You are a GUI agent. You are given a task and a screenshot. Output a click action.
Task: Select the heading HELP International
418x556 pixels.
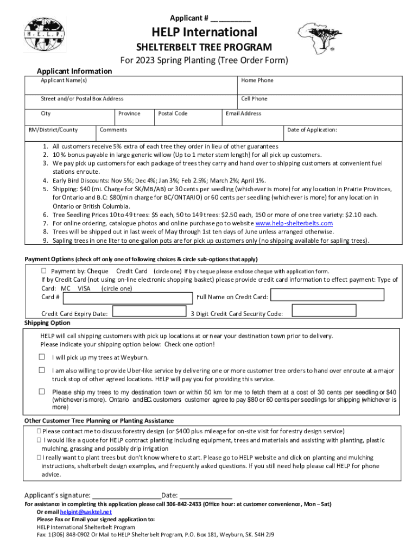[204, 32]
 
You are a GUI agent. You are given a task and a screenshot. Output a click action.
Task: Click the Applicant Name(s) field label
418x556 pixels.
[64, 80]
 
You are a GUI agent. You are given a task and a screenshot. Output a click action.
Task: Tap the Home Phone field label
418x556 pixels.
[257, 80]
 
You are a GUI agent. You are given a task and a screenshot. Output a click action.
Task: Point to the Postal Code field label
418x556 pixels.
[173, 113]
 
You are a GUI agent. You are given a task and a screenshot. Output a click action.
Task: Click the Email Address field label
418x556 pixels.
[243, 113]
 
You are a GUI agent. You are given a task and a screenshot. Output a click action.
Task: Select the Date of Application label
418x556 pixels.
[312, 130]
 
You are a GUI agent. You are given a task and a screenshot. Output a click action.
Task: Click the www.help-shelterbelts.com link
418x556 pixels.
[294, 223]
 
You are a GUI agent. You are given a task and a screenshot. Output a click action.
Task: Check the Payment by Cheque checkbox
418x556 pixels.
[45, 271]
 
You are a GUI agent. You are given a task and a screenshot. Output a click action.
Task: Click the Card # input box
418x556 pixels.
[128, 298]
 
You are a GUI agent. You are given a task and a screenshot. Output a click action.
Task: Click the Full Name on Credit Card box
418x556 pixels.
[327, 295]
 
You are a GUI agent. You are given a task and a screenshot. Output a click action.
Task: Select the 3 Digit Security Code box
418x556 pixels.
[324, 311]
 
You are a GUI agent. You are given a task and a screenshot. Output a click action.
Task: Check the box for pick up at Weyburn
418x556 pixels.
[42, 357]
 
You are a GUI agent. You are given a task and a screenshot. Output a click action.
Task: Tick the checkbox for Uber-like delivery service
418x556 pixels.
[42, 370]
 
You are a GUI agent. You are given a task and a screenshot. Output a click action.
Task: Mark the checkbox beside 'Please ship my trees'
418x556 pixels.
[42, 391]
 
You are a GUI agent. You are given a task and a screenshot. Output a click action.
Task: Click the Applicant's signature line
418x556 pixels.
[126, 495]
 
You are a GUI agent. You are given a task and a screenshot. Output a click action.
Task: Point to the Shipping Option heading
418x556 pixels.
[47, 323]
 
